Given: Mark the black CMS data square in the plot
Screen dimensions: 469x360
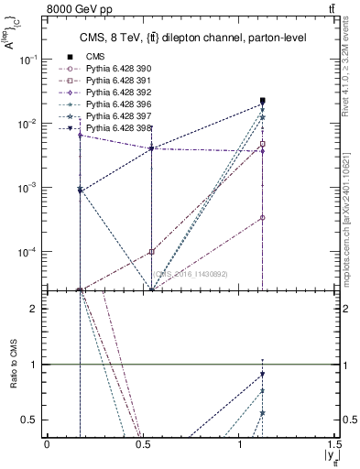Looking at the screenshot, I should click(x=263, y=101).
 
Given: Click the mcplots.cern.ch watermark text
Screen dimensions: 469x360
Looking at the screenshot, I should click(x=350, y=229).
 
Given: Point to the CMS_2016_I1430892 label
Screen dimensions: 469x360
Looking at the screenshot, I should click(x=191, y=274).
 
